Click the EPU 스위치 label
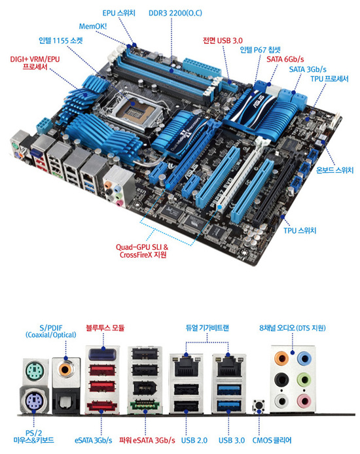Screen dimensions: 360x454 coord(118,13)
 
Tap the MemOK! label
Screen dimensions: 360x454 coord(93,26)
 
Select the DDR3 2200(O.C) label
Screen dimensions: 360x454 coord(175,13)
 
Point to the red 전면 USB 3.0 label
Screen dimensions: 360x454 coord(223,41)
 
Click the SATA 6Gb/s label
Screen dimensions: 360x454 coord(285,60)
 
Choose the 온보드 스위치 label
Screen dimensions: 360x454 coord(335,170)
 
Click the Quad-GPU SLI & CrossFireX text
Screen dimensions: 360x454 coord(142,251)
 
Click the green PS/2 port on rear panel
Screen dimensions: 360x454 coord(35,371)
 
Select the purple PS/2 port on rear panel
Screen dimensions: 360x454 coord(34,400)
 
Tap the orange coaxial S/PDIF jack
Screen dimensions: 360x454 coord(65,370)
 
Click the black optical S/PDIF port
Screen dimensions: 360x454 coord(65,401)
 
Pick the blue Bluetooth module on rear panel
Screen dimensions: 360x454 coord(103,354)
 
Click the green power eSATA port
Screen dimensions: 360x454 coord(145,404)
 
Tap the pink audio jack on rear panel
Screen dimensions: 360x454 coord(304,402)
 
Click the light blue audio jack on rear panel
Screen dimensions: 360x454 coord(304,359)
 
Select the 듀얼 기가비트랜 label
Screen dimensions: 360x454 coord(207,328)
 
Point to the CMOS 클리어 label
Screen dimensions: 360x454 coord(272,440)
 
